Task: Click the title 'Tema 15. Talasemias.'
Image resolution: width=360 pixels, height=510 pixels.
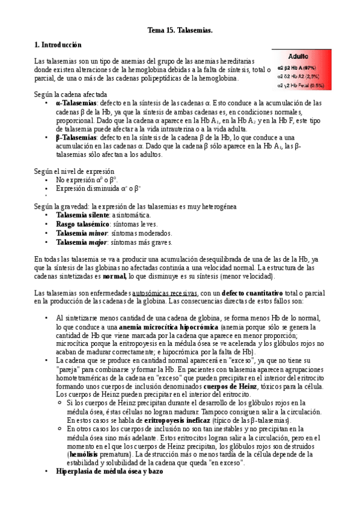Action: click(x=180, y=29)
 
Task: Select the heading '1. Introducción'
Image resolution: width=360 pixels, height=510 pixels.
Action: click(x=58, y=45)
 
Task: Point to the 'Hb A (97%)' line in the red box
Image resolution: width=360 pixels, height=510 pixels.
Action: click(x=301, y=67)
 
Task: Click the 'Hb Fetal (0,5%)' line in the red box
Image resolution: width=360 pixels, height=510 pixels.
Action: click(x=301, y=85)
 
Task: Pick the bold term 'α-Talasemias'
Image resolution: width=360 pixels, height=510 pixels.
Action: click(x=76, y=103)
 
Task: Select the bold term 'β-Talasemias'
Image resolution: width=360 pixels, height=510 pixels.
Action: click(x=76, y=138)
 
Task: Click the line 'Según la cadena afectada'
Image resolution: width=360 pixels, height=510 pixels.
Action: click(x=70, y=95)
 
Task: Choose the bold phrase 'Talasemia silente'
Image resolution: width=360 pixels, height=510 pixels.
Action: click(x=81, y=215)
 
